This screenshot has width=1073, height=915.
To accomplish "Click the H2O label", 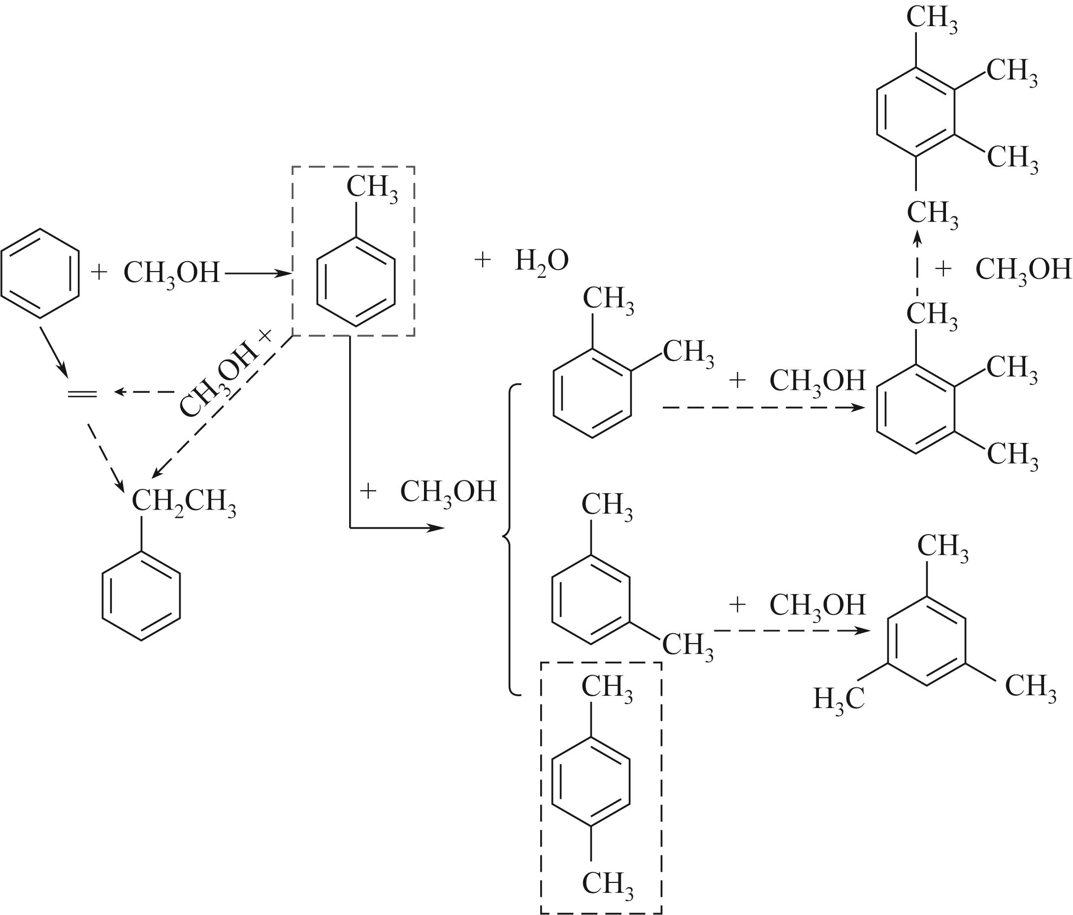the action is coord(542,261).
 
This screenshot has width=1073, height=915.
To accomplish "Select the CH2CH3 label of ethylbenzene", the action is coord(184,502).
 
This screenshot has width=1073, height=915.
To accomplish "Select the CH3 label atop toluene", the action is coord(372,188).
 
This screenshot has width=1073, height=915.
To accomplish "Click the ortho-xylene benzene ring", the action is coord(554,394).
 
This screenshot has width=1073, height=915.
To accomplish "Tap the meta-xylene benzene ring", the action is coord(553,600).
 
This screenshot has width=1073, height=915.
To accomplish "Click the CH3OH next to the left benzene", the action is coord(171,272).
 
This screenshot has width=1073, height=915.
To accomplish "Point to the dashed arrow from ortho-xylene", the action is coord(764,408).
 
